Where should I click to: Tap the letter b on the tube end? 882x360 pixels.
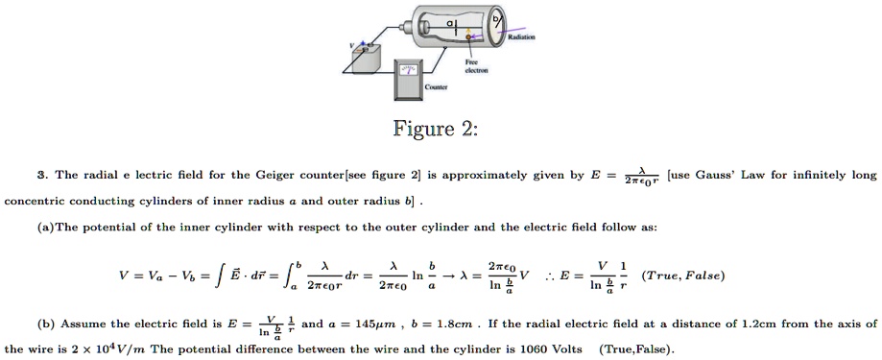coord(494,16)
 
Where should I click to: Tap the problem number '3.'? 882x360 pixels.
coord(41,176)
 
